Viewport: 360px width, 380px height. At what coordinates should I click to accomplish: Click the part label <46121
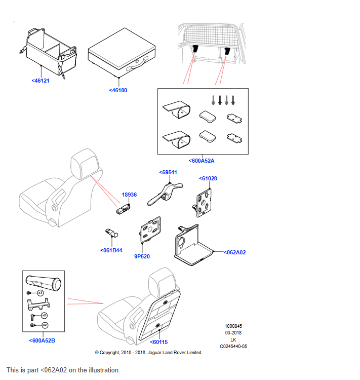[x=40, y=80]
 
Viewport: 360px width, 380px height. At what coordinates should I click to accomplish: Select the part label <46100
[x=118, y=90]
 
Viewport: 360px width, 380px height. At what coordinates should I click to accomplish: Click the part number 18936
[x=129, y=195]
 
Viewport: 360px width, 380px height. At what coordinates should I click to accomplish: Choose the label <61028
[x=208, y=178]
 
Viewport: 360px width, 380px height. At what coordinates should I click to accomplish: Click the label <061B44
[x=111, y=250]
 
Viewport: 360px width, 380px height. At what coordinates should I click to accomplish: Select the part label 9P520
[x=142, y=256]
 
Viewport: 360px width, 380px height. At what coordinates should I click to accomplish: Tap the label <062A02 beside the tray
[x=234, y=252]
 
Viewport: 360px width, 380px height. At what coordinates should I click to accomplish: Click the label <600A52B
[x=42, y=340]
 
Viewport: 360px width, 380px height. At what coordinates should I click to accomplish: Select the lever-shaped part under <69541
[x=163, y=194]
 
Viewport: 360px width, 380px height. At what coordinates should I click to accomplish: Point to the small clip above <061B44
[x=111, y=233]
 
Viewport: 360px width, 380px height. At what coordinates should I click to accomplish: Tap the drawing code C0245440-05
[x=233, y=347]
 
